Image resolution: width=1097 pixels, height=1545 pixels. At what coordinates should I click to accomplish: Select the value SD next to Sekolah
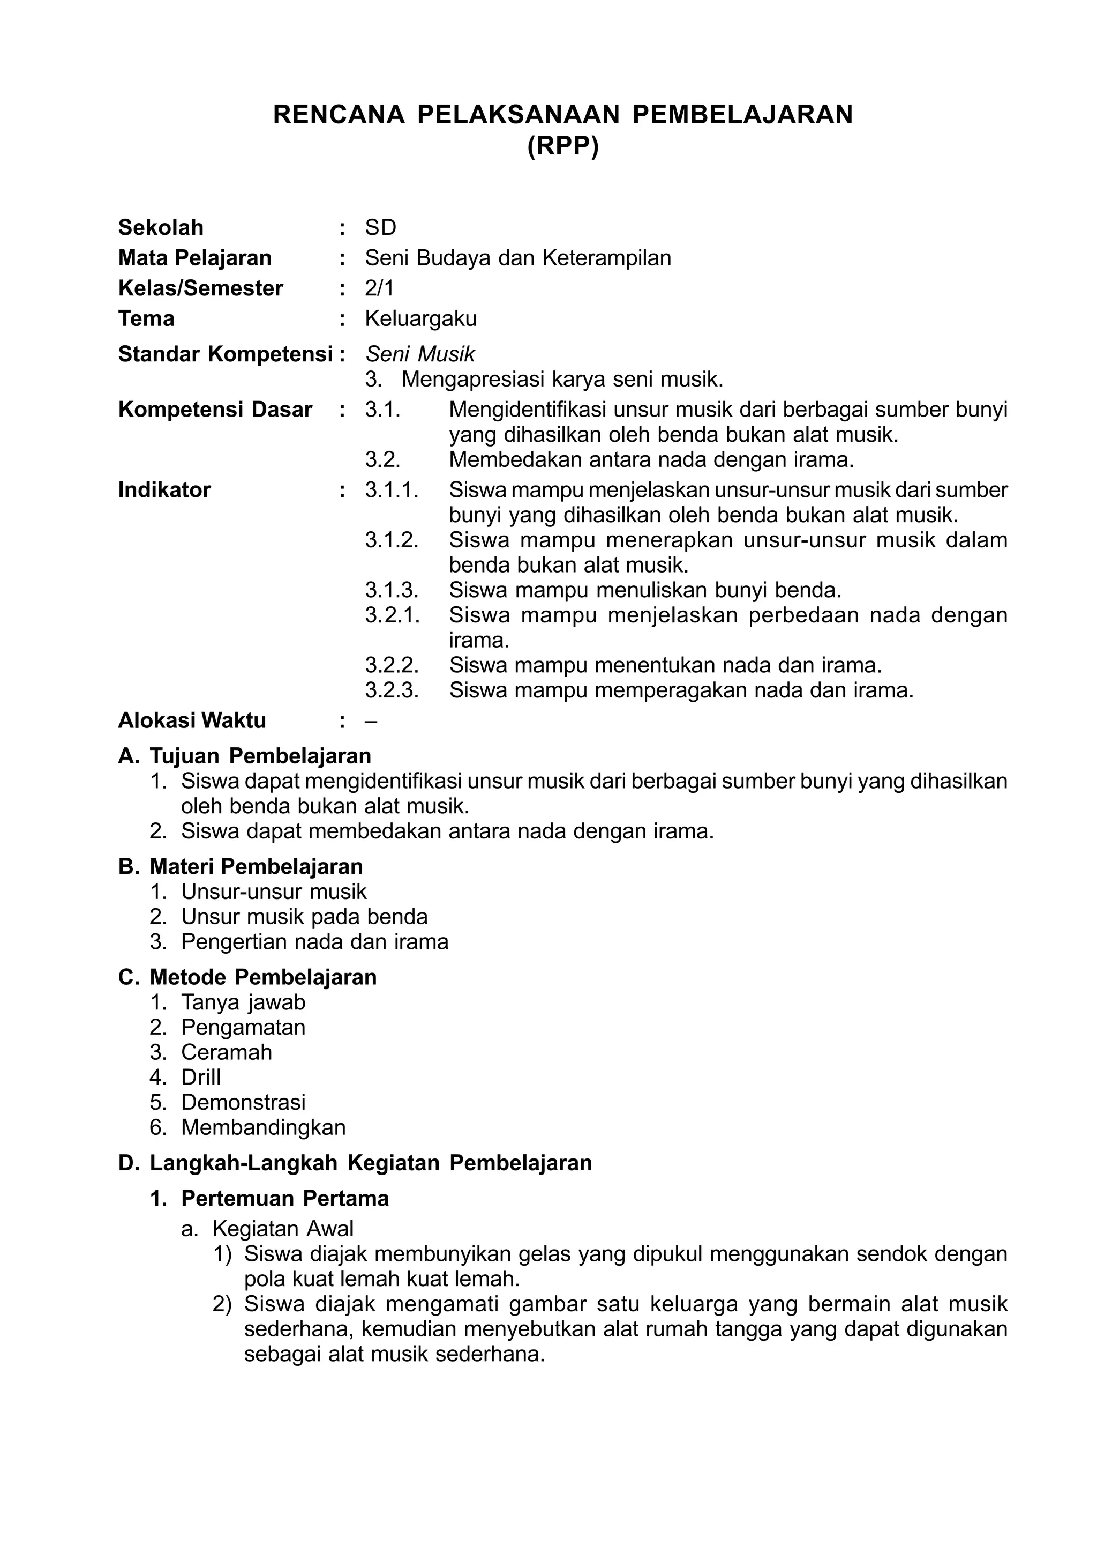click(380, 228)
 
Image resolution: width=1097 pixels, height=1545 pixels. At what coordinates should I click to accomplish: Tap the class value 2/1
click(379, 288)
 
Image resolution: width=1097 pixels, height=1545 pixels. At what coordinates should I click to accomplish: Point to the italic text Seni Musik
click(420, 354)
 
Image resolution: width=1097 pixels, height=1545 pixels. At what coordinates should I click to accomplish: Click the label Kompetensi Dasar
click(215, 410)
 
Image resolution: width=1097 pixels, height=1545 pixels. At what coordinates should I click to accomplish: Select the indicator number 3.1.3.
click(392, 590)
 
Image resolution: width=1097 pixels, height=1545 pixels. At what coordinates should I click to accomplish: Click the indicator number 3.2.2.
click(392, 666)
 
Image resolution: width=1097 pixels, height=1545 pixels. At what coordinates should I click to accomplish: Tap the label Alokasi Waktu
click(192, 720)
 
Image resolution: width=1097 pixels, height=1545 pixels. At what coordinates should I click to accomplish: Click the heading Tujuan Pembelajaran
click(260, 755)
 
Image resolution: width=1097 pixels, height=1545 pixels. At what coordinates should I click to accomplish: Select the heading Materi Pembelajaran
click(256, 866)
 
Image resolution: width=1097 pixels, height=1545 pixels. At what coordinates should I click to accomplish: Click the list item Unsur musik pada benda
click(304, 917)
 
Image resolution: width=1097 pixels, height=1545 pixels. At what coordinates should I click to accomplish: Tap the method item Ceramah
click(226, 1052)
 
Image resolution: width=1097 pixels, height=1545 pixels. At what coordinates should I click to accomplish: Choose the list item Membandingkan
click(263, 1127)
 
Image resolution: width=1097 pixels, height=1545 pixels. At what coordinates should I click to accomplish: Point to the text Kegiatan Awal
click(283, 1229)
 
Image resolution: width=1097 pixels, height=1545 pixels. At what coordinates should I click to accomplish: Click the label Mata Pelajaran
click(194, 258)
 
